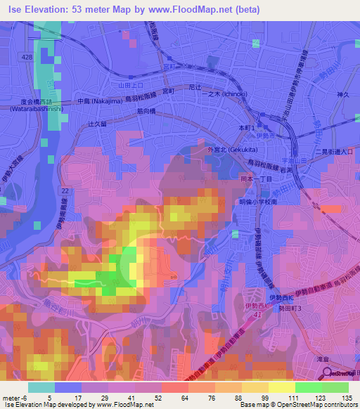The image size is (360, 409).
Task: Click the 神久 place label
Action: click(343, 94)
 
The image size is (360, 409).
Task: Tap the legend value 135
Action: click(347, 398)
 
